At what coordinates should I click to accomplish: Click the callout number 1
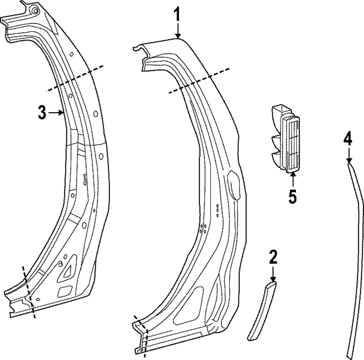click(177, 15)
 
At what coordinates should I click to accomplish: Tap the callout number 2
click(273, 257)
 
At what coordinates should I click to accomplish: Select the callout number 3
click(42, 113)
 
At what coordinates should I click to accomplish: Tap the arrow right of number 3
click(56, 113)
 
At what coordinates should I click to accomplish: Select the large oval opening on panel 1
click(233, 185)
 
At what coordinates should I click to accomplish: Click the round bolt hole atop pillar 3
click(34, 11)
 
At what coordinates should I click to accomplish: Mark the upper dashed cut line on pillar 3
click(74, 78)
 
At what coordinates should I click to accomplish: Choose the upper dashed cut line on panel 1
click(199, 81)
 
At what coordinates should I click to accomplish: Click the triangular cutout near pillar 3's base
click(68, 271)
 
